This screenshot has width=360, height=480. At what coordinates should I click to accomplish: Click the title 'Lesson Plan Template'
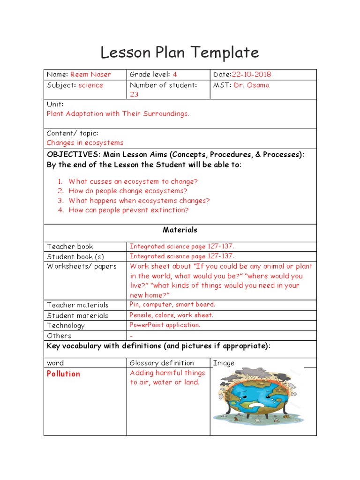[x=180, y=52]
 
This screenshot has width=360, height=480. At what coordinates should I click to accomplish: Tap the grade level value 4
[x=175, y=75]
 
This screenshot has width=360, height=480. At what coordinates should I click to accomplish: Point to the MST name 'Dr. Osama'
[x=253, y=85]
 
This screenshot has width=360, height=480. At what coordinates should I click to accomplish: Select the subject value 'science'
[x=90, y=85]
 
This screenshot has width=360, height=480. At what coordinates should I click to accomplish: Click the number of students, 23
[x=135, y=95]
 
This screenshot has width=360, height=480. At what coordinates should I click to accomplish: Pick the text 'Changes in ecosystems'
[x=85, y=142]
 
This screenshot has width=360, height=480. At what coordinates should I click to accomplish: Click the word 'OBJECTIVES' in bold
[x=73, y=155]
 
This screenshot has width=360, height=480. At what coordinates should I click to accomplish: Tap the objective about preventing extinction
[x=128, y=210]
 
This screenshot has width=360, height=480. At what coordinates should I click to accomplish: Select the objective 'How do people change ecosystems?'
[x=127, y=191]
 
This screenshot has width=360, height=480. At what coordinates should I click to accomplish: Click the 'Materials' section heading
[x=180, y=230]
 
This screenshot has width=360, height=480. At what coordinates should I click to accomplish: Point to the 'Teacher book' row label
[x=70, y=247]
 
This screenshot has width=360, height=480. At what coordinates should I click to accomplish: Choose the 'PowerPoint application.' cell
[x=165, y=325]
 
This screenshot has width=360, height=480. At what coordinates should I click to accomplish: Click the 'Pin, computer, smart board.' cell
[x=172, y=305]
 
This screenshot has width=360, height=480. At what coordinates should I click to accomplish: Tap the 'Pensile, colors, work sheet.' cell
[x=171, y=315]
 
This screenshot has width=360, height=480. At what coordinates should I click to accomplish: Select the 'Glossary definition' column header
[x=161, y=363]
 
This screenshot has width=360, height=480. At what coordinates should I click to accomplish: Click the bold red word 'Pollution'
[x=63, y=374]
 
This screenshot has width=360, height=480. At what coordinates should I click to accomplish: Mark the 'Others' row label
[x=59, y=336]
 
